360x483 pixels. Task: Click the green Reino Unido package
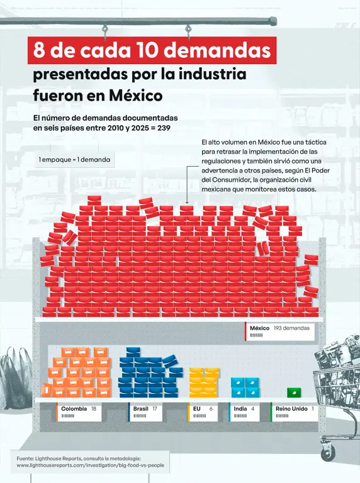pyautogui.click(x=294, y=392)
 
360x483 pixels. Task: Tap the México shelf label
pyautogui.click(x=279, y=331)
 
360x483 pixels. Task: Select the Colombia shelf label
pyautogui.click(x=79, y=412)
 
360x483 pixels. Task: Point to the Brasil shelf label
pyautogui.click(x=145, y=412)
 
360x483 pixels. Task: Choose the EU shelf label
pyautogui.click(x=203, y=412)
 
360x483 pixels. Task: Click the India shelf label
pyautogui.click(x=244, y=412)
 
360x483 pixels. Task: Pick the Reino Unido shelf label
pyautogui.click(x=295, y=412)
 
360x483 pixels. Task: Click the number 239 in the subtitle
pyautogui.click(x=164, y=128)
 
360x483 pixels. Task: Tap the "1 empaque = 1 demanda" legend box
pyautogui.click(x=74, y=160)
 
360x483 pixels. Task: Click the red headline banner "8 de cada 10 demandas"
pyautogui.click(x=152, y=50)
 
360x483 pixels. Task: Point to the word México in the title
pyautogui.click(x=136, y=96)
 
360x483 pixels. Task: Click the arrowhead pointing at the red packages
pyautogui.click(x=187, y=202)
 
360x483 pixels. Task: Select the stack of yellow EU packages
pyautogui.click(x=204, y=382)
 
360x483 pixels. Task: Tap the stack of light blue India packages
pyautogui.click(x=245, y=387)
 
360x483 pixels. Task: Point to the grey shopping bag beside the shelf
pyautogui.click(x=16, y=378)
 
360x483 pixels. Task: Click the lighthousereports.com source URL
pyautogui.click(x=90, y=465)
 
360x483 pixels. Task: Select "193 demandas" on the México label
pyautogui.click(x=291, y=328)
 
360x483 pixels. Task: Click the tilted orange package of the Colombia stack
pyautogui.click(x=46, y=390)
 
